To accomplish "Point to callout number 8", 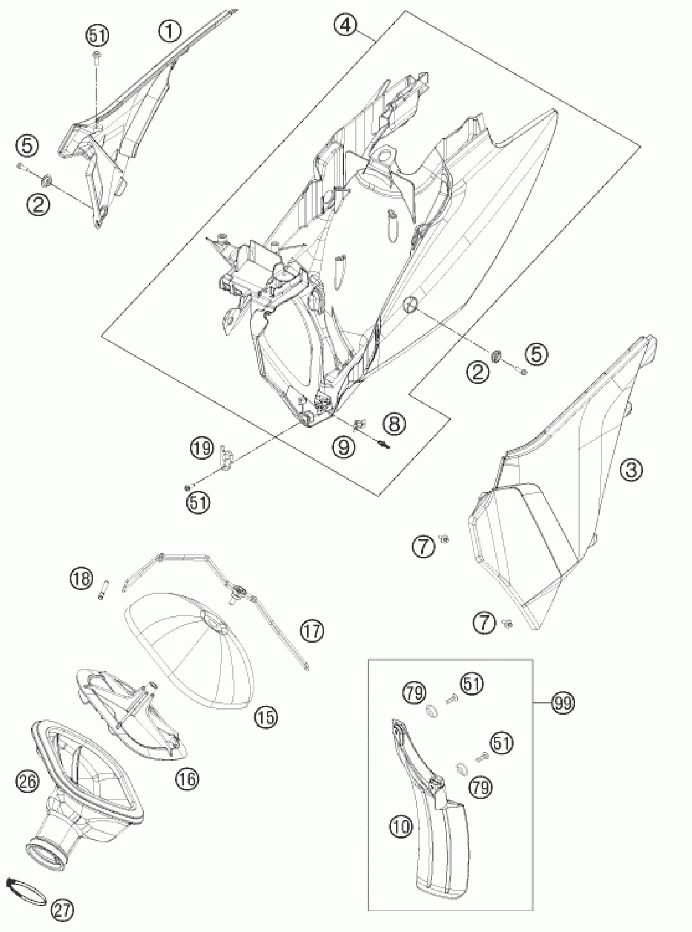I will coord(394,423).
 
